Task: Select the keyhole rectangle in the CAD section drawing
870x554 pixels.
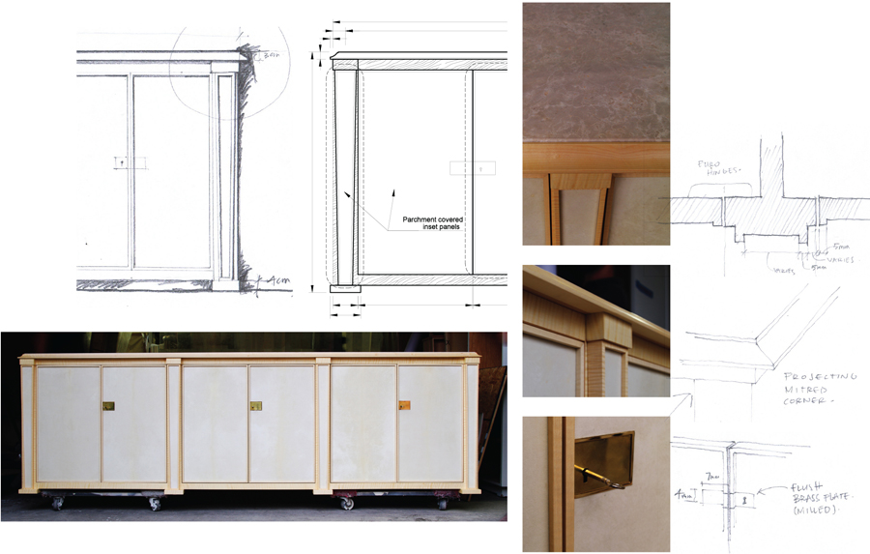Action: click(473, 167)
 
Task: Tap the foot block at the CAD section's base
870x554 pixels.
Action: click(345, 287)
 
